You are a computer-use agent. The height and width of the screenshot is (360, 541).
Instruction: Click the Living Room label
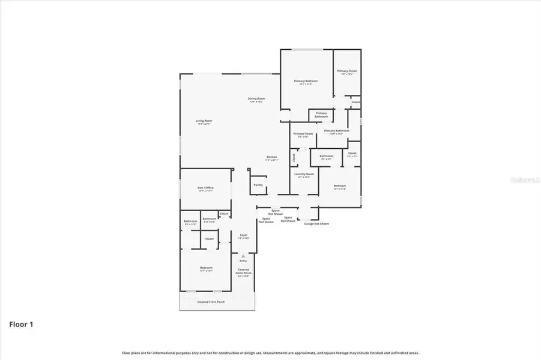click(x=204, y=121)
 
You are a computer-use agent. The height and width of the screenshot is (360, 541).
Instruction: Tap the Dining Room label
click(x=257, y=99)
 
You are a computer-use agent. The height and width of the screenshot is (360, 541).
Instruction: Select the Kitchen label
click(x=272, y=158)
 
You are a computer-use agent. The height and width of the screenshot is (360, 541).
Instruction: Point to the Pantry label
click(x=258, y=185)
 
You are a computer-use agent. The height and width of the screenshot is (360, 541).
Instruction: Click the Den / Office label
click(x=206, y=188)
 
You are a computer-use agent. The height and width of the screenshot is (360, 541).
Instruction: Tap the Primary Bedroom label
click(x=306, y=81)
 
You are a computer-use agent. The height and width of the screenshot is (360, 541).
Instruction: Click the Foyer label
click(x=244, y=235)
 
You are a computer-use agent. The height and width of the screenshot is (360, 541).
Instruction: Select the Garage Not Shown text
click(x=316, y=224)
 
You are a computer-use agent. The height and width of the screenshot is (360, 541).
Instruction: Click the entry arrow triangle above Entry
click(x=243, y=256)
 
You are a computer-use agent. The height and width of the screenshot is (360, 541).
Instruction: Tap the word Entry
click(x=243, y=261)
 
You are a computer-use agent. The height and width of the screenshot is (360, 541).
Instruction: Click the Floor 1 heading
click(x=21, y=325)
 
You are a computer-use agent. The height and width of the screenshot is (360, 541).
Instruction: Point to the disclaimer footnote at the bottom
click(x=270, y=353)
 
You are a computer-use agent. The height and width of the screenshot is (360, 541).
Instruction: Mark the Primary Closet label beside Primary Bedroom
click(x=347, y=71)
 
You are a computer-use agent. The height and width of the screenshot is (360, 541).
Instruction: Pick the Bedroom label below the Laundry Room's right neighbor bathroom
click(x=340, y=186)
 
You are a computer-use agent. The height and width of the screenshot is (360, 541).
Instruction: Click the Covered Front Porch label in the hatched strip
click(x=211, y=302)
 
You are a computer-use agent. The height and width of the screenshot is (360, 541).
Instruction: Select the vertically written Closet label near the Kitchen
click(x=294, y=158)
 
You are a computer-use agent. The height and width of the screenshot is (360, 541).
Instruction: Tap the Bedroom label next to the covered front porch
click(x=206, y=268)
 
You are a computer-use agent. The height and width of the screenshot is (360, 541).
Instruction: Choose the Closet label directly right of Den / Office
click(x=224, y=214)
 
